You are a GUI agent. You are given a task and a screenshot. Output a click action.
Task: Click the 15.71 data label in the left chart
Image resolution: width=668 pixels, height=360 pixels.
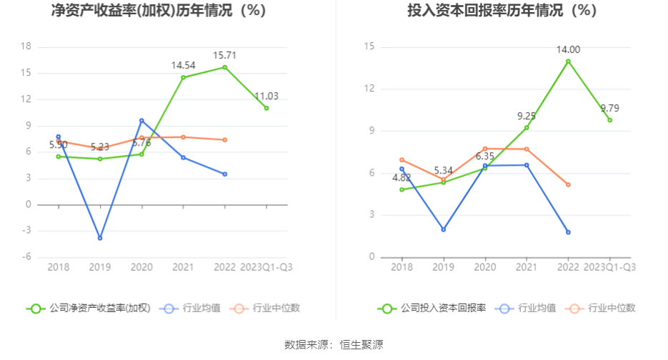point(224,55)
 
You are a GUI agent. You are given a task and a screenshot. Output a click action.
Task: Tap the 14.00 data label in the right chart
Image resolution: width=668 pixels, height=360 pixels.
point(569,49)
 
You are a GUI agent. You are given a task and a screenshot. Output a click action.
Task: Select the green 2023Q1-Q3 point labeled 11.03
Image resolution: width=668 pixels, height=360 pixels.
point(266,108)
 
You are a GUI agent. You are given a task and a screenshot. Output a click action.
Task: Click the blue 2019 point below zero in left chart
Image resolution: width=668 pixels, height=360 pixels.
point(100,238)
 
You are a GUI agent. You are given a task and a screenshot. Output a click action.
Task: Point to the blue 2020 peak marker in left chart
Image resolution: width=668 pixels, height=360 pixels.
point(141,121)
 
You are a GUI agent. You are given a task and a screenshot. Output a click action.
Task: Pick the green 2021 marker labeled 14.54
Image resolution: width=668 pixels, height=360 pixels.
point(183,77)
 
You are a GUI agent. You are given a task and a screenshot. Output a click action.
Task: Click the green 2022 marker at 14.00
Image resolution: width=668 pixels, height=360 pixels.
point(568,61)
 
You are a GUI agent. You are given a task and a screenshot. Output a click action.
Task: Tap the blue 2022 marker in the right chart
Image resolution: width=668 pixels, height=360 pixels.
point(568,232)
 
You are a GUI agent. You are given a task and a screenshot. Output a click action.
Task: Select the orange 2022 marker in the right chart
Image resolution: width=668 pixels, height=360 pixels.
point(568,184)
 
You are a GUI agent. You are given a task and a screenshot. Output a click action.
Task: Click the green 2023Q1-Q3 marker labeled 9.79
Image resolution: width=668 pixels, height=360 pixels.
point(609,120)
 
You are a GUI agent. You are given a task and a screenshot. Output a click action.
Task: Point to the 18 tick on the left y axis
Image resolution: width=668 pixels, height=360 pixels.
point(26,46)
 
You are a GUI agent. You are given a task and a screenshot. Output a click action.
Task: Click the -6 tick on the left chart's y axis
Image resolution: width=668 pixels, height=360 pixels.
point(26,257)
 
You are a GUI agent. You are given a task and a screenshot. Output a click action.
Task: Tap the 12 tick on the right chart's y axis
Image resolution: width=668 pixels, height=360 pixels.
point(369,89)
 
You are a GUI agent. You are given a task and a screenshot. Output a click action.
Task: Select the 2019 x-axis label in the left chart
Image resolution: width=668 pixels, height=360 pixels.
point(100,266)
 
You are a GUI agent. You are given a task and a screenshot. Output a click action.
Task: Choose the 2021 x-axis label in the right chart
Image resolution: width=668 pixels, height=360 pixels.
point(527,266)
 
